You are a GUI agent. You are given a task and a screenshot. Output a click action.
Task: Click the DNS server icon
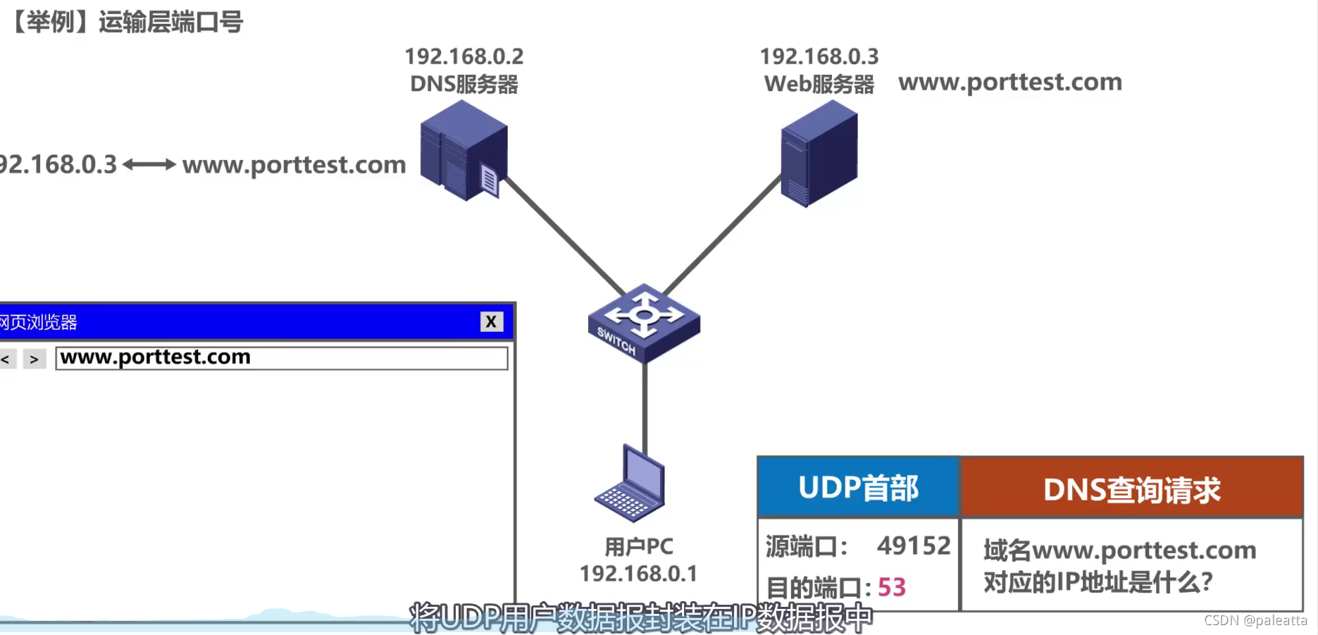(461, 149)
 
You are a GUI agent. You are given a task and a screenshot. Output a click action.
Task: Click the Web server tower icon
(819, 153)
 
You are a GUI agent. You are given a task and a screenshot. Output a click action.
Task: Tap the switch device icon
(644, 323)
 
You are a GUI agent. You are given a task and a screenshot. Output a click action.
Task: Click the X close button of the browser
(491, 322)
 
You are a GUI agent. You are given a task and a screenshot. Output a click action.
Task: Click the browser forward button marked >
(34, 359)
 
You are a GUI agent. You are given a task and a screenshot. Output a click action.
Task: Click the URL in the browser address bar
(156, 357)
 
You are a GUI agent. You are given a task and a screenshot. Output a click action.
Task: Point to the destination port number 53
(891, 587)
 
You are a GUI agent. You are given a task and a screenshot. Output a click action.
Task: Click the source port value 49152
(914, 545)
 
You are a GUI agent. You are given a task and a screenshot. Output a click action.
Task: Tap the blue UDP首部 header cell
(858, 488)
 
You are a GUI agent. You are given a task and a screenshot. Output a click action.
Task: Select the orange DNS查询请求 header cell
(1131, 489)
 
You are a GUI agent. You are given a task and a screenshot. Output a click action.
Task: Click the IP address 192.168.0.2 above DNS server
(464, 56)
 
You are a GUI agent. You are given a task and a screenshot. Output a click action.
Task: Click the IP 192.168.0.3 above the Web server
(819, 56)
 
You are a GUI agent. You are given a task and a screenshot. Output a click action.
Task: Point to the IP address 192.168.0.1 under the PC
(638, 574)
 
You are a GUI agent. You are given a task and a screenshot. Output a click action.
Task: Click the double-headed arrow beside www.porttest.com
(149, 165)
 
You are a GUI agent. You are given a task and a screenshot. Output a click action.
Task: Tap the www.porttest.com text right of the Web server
(1009, 82)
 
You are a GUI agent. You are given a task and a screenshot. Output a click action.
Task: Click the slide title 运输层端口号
(170, 23)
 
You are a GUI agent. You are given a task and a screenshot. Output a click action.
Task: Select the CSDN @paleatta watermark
(1255, 620)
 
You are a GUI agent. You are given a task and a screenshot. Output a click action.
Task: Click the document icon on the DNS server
(489, 180)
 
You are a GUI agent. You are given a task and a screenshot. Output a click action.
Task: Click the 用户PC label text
(638, 546)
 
